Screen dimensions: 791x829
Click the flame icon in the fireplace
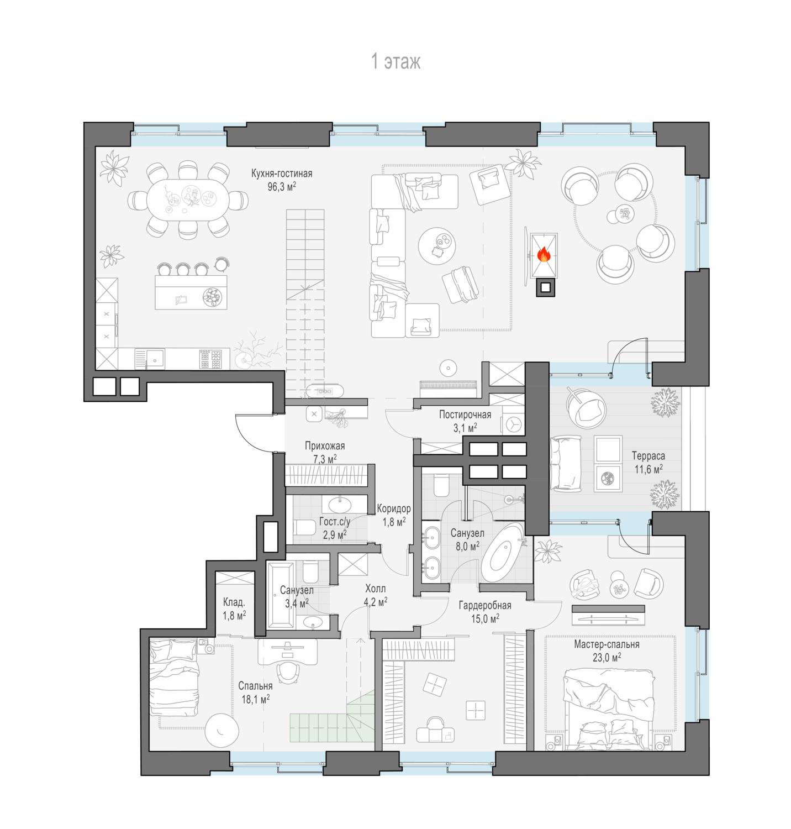tap(544, 254)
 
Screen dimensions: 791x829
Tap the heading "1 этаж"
tap(395, 61)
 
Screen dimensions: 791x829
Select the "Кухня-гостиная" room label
tap(282, 174)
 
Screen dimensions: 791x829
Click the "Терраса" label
tap(648, 456)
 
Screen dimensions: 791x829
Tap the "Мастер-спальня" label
tap(607, 644)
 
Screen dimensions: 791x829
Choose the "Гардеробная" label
tap(485, 605)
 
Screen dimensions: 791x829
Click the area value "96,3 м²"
tap(282, 187)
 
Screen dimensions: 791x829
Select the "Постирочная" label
tap(465, 414)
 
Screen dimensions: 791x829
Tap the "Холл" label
tap(376, 589)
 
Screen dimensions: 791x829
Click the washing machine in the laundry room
tap(513, 423)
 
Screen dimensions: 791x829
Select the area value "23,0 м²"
tap(607, 657)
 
